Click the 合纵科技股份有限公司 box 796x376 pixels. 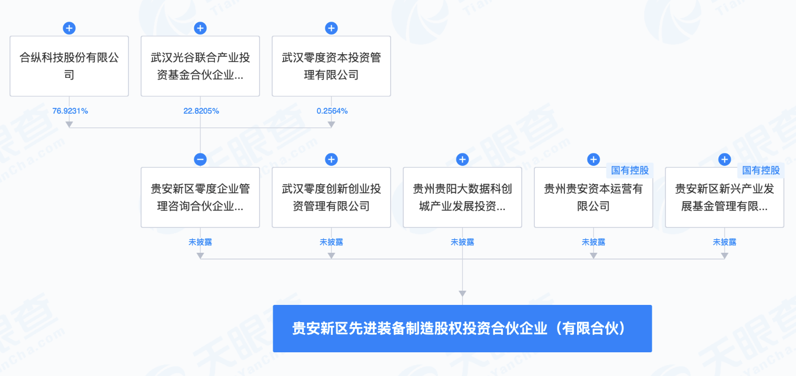tap(69, 66)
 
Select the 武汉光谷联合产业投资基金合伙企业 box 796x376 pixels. tap(200, 66)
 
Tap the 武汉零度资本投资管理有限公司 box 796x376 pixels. tap(331, 66)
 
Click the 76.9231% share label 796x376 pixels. tap(70, 111)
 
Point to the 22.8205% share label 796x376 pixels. tap(201, 111)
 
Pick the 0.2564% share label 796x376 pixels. tap(332, 111)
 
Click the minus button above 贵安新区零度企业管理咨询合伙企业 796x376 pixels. tap(200, 160)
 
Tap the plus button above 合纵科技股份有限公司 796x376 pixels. tap(69, 28)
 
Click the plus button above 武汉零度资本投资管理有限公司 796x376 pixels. tap(331, 28)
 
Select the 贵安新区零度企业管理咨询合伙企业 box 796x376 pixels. tap(200, 197)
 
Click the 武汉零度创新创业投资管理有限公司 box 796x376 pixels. tap(331, 197)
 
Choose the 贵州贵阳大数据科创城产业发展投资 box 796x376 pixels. tap(462, 197)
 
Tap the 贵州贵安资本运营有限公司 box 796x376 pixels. tap(593, 197)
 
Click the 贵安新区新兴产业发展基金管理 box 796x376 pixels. tap(724, 197)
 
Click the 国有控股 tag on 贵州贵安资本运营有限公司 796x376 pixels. tap(630, 171)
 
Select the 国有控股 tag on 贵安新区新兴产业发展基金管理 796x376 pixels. tap(761, 171)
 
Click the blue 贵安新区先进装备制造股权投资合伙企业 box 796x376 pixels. tap(462, 329)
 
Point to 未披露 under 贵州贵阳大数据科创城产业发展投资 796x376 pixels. tap(462, 242)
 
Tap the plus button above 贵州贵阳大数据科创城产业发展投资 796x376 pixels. tap(462, 160)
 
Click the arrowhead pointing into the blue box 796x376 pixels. tap(462, 293)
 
